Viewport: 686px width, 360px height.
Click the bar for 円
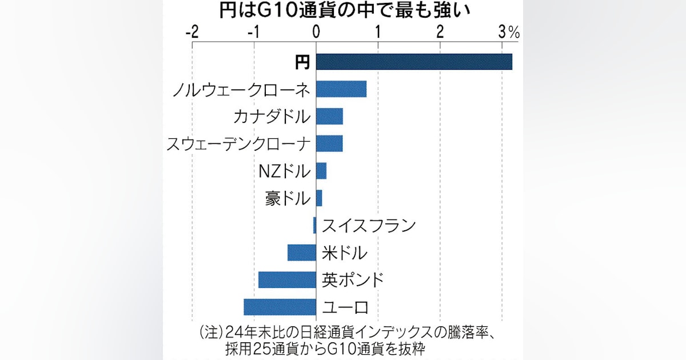click(413, 62)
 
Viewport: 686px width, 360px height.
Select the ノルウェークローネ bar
click(341, 89)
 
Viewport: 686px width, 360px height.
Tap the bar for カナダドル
click(329, 117)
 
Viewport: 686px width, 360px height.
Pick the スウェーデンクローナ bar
click(329, 143)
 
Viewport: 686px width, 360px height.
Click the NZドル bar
click(321, 171)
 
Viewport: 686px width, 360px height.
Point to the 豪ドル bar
click(319, 198)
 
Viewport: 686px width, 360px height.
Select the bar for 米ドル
click(302, 253)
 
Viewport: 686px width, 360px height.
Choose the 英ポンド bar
click(287, 279)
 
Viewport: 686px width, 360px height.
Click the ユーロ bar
click(280, 307)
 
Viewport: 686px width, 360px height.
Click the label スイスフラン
click(368, 226)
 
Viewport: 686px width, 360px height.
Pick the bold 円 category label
click(302, 62)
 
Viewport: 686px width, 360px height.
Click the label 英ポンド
click(352, 280)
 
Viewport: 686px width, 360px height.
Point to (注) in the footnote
click(210, 332)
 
